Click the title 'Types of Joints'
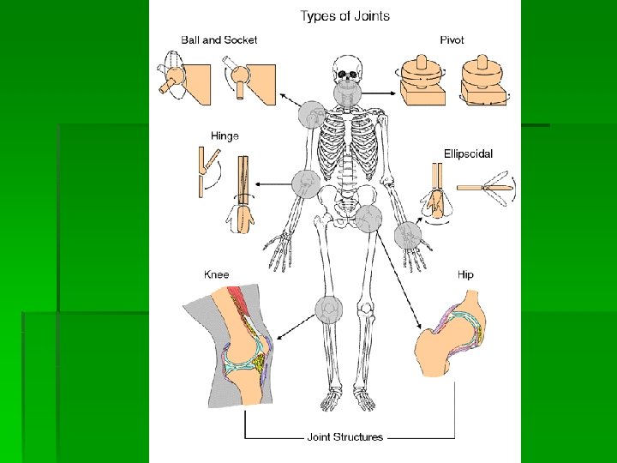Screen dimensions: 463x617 [x=344, y=15]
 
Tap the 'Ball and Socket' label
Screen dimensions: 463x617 [x=219, y=39]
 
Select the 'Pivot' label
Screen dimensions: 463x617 [x=452, y=39]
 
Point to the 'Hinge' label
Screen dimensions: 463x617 [x=225, y=135]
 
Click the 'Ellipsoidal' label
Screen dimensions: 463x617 [x=468, y=154]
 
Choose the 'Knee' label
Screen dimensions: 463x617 [x=217, y=274]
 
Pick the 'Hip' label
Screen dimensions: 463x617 [x=465, y=274]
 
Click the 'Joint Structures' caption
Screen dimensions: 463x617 [x=344, y=437]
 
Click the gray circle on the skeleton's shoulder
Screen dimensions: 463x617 [x=311, y=114]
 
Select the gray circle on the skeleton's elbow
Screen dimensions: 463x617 [x=305, y=183]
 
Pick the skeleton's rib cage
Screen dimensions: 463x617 [x=346, y=146]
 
